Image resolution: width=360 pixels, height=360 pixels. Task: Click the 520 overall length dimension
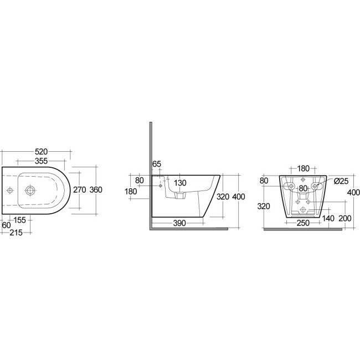pos(42,152)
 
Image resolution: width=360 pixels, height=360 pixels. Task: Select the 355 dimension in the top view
pos(42,161)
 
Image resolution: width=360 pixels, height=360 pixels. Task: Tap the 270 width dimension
pos(79,190)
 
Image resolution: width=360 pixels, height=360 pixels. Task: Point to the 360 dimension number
pos(96,190)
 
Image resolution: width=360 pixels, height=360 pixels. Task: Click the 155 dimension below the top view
pos(20,220)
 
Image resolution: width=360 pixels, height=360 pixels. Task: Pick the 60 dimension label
pos(6,225)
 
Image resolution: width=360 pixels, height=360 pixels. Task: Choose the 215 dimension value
pos(16,233)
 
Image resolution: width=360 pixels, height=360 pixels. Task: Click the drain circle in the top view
pos(30,191)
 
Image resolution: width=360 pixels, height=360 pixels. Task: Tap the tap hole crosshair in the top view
pos(9,191)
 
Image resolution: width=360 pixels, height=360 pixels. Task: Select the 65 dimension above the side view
pos(157,164)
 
